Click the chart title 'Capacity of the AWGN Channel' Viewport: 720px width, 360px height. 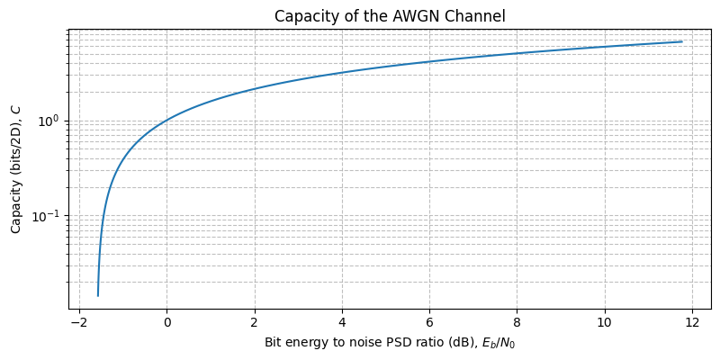tap(390, 15)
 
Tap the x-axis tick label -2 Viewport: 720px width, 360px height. tap(78, 322)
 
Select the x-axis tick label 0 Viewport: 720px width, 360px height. tap(166, 322)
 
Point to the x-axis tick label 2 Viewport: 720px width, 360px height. tap(255, 322)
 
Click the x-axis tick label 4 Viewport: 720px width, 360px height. tap(342, 322)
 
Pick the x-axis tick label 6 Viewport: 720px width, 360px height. tap(429, 322)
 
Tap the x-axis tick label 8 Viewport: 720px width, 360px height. tap(517, 322)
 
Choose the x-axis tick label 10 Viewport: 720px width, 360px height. tap(605, 322)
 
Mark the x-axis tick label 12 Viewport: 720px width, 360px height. tap(692, 322)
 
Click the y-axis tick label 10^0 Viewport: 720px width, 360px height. tap(49, 121)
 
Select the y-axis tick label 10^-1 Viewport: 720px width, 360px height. tap(47, 216)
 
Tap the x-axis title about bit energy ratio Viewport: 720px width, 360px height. tap(390, 343)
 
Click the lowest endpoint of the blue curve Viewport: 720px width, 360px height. tap(98, 295)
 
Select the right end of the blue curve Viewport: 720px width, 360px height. tap(681, 41)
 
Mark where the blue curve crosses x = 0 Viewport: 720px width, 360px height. tap(166, 121)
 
